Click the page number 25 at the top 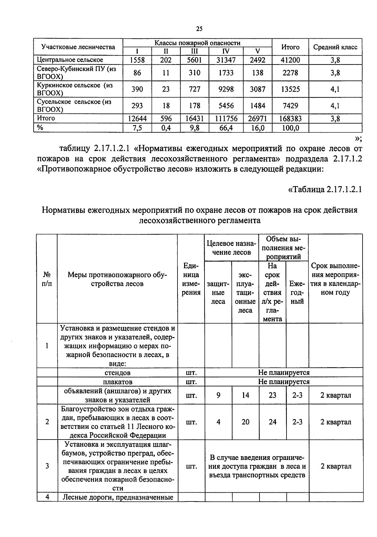(199, 29)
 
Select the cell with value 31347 (226, 60)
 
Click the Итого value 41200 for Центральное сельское (290, 60)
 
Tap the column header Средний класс (335, 47)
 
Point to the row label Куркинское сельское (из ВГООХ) (75, 89)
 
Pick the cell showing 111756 (226, 119)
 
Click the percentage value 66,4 (226, 128)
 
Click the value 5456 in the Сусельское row (226, 106)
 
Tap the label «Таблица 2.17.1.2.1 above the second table (325, 190)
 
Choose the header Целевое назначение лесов (232, 248)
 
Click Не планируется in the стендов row (284, 373)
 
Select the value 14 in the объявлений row (245, 395)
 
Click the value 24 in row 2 (272, 422)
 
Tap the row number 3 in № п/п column (47, 466)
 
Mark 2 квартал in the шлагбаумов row (336, 466)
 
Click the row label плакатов (117, 382)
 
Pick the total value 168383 (290, 119)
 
